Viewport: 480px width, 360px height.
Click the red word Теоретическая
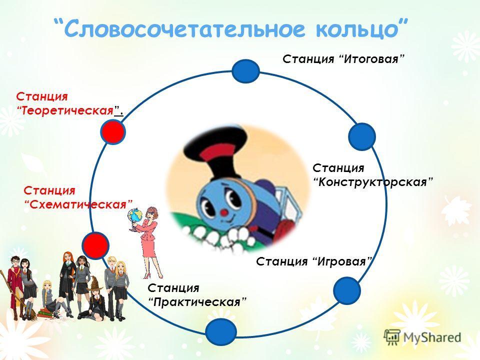coord(67,110)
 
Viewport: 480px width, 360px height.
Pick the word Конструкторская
coord(372,182)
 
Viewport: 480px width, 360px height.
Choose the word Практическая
coord(196,302)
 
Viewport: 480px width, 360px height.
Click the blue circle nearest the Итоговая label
coord(246,71)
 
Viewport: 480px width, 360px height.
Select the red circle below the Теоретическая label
coord(113,131)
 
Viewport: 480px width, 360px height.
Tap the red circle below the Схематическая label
coord(95,245)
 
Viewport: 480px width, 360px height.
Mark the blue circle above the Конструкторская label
coord(362,136)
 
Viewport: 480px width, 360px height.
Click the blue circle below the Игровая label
coord(347,290)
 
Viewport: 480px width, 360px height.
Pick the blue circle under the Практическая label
coord(221,332)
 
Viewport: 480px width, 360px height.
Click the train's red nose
coord(224,212)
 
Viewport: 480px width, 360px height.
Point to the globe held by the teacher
coord(134,215)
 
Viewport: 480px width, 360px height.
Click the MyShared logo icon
coord(392,337)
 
